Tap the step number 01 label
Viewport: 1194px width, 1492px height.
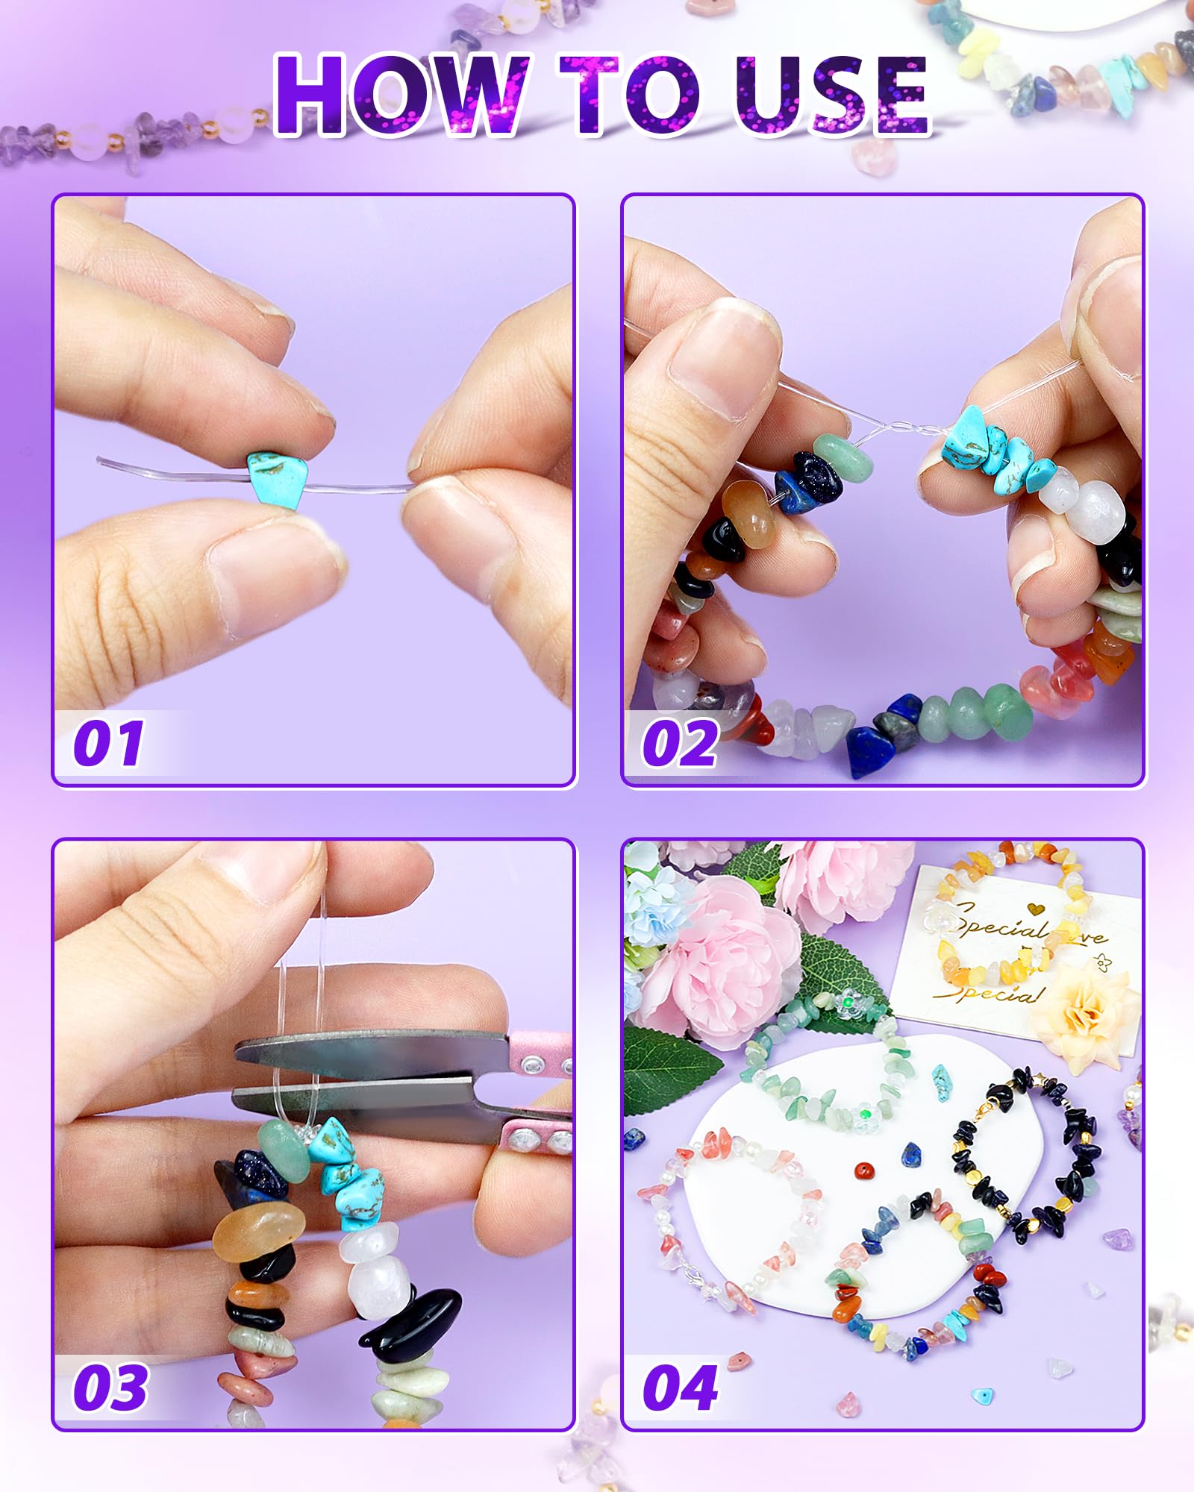point(109,744)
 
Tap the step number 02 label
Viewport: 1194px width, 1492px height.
point(680,744)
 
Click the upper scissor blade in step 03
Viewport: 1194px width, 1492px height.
point(373,1050)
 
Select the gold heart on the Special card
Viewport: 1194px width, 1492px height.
point(1034,909)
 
